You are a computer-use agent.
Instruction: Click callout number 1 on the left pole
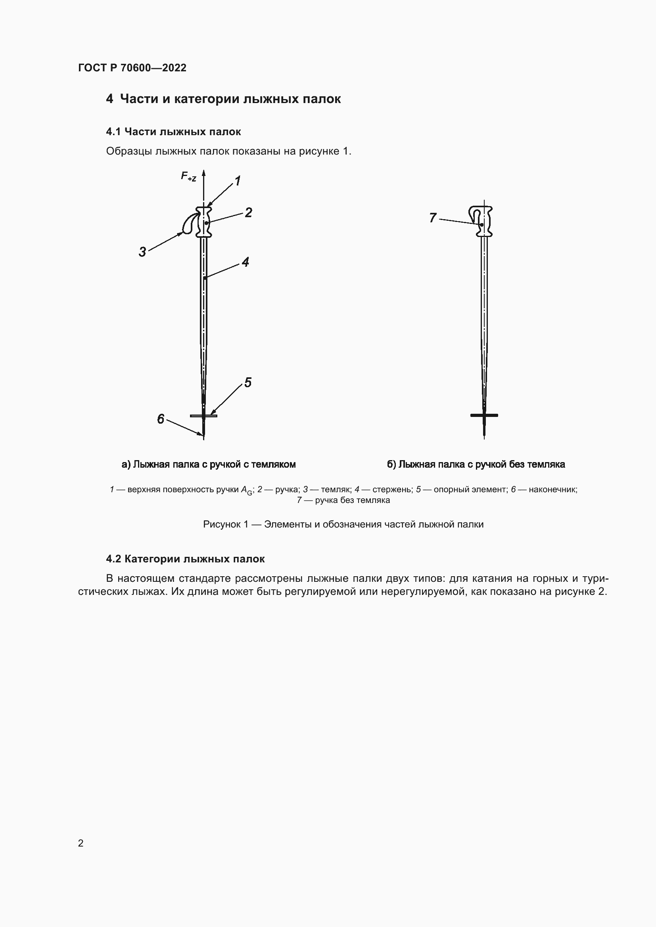point(238,181)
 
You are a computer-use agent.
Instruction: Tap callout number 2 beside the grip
point(248,212)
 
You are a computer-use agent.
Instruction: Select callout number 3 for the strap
point(142,252)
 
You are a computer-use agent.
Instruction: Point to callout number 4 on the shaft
point(245,262)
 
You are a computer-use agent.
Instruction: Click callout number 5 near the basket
point(247,382)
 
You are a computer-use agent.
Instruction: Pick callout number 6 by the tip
point(160,419)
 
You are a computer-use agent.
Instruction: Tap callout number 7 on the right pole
point(433,218)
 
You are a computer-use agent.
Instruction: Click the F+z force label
point(188,176)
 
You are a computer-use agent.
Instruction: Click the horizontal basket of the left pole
point(203,415)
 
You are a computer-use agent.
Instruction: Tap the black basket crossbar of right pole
point(484,415)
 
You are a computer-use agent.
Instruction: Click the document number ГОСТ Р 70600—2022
point(132,68)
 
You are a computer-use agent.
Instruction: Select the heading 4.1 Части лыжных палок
point(173,132)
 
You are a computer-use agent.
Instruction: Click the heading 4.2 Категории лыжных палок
point(185,559)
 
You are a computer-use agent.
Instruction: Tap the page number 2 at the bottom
point(81,843)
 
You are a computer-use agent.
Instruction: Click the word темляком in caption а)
point(274,464)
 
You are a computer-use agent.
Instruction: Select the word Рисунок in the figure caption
point(221,524)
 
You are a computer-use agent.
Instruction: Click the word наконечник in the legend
point(552,489)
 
